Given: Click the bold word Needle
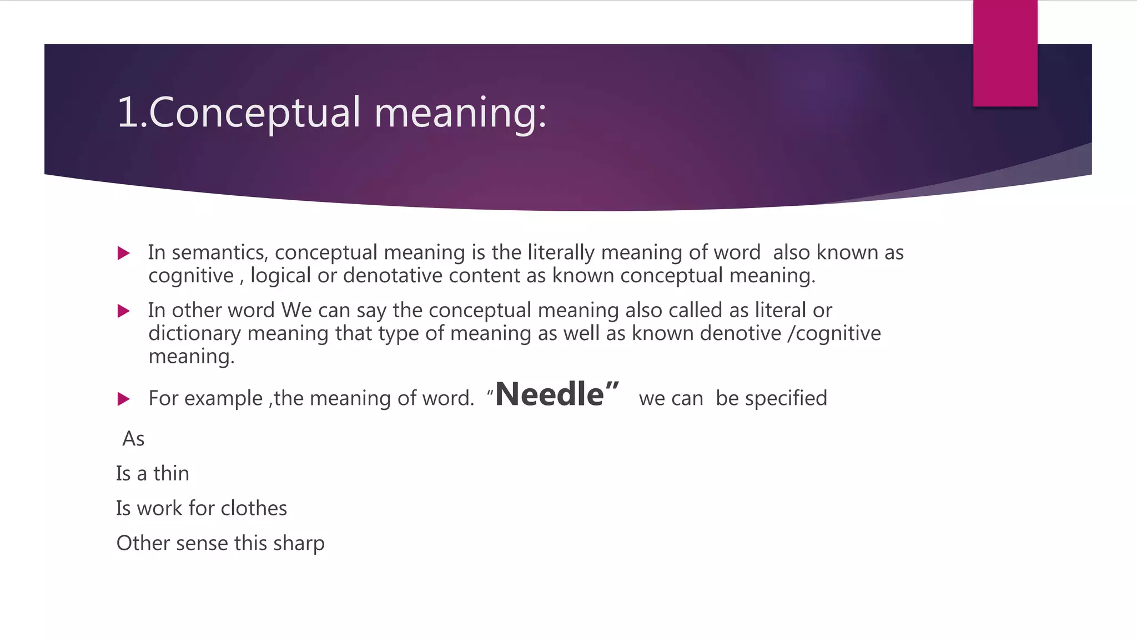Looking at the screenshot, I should [549, 394].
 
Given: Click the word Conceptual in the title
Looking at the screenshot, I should [254, 113].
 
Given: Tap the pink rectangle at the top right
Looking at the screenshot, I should [1005, 53].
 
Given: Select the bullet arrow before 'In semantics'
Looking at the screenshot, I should [124, 253].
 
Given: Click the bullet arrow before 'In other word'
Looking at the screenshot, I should [124, 311].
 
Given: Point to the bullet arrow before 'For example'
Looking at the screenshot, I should [124, 399].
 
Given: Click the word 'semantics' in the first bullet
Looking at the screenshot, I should [220, 253].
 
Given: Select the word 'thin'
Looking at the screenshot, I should [171, 474].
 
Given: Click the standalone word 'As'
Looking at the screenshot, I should [133, 439].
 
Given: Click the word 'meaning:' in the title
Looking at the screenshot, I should [460, 113].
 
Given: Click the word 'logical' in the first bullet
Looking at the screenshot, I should [280, 276].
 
